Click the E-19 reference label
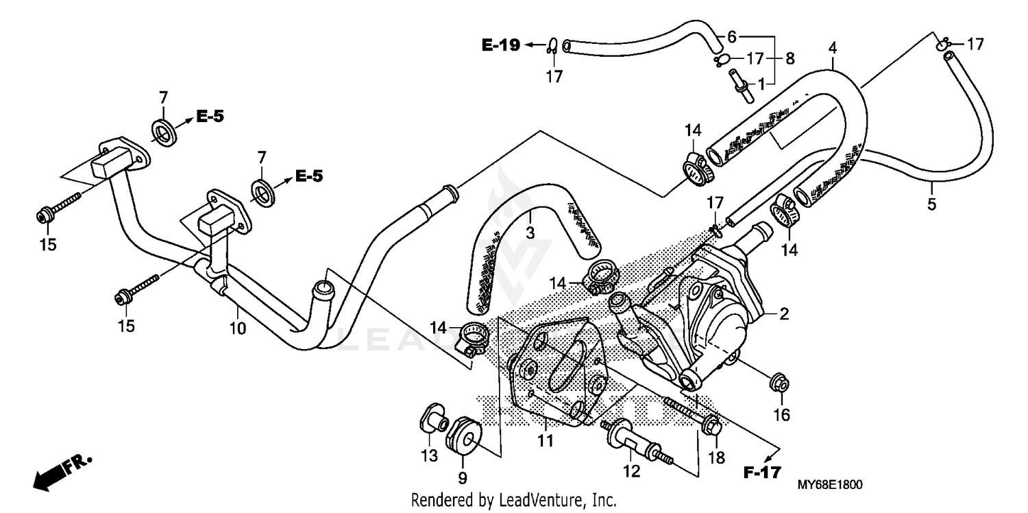point(502,45)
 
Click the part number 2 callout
point(784,315)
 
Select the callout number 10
point(237,329)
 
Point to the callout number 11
point(545,441)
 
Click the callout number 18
point(717,458)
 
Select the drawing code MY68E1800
point(829,485)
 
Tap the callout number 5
point(931,204)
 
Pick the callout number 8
point(790,59)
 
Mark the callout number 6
point(731,35)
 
